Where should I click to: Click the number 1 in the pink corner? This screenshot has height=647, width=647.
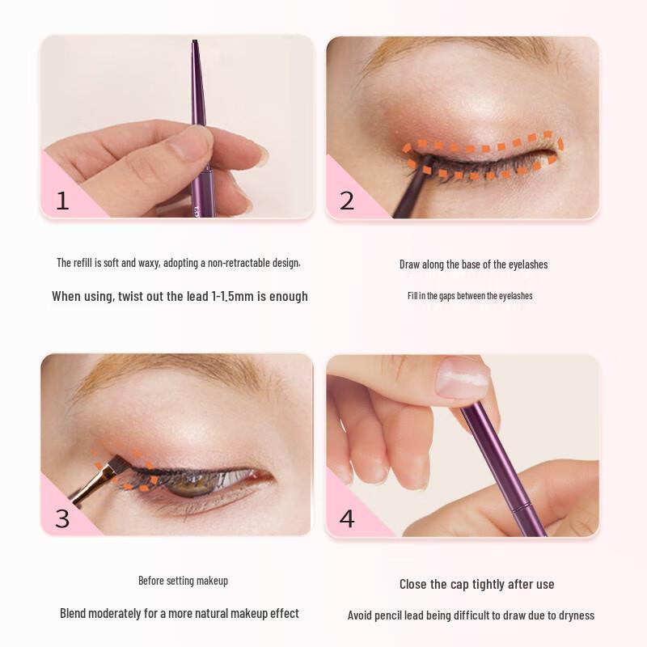[x=62, y=201]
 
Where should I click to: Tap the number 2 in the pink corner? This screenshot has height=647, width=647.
[x=347, y=201]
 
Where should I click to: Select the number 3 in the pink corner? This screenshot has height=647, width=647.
[x=62, y=518]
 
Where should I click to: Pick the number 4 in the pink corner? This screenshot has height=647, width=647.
[x=347, y=518]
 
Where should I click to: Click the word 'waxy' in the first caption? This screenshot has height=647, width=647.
[x=148, y=263]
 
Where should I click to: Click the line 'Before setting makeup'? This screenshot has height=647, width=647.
[x=183, y=581]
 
